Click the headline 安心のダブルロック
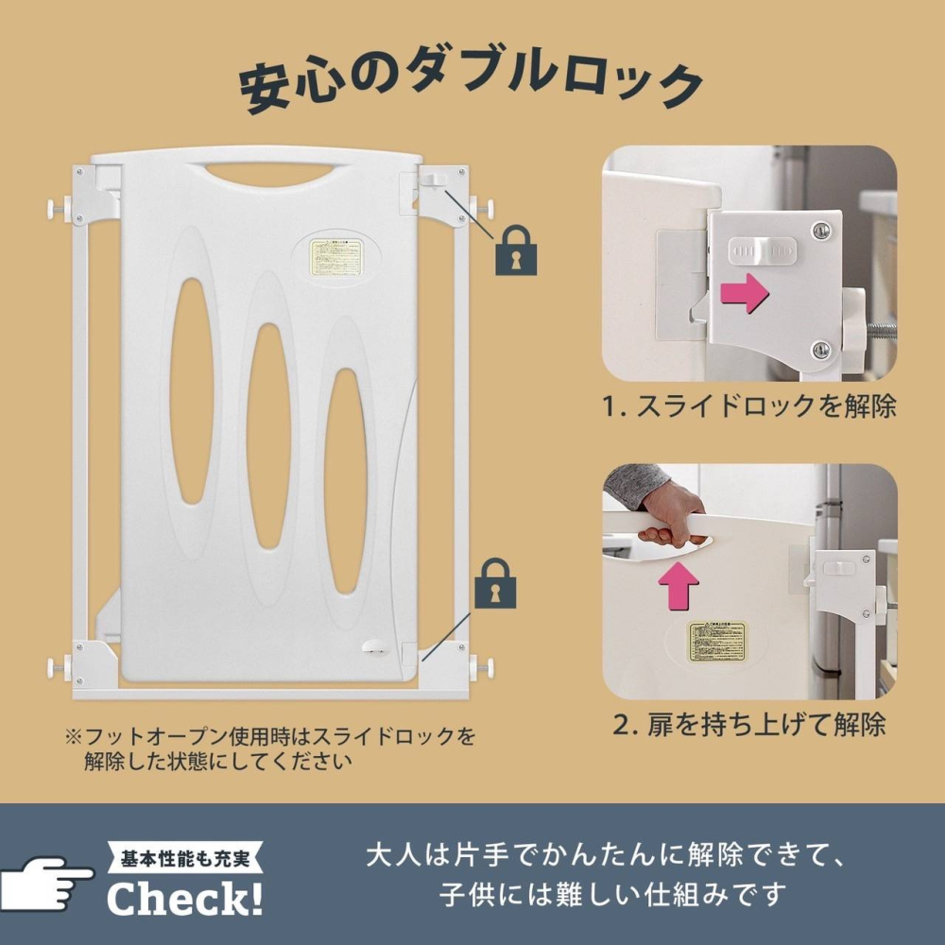(x=470, y=87)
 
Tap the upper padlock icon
(x=516, y=249)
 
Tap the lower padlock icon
(x=497, y=583)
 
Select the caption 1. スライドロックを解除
(x=749, y=407)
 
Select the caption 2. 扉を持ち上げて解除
(x=749, y=725)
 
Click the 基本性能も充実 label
(x=186, y=859)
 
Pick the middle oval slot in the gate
(x=266, y=436)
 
